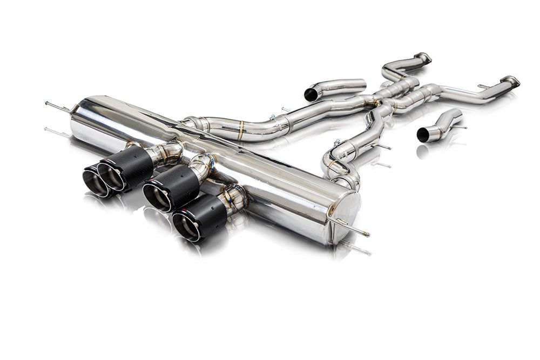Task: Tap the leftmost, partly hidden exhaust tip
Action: (94, 180)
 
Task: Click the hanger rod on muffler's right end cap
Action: (351, 228)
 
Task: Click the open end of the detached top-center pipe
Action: (311, 94)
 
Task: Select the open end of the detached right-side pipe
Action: (423, 135)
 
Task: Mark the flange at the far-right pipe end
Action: (510, 81)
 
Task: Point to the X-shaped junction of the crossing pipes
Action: (397, 94)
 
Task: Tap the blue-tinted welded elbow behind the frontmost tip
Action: (237, 198)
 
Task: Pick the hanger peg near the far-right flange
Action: (483, 86)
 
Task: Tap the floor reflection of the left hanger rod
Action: (57, 131)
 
